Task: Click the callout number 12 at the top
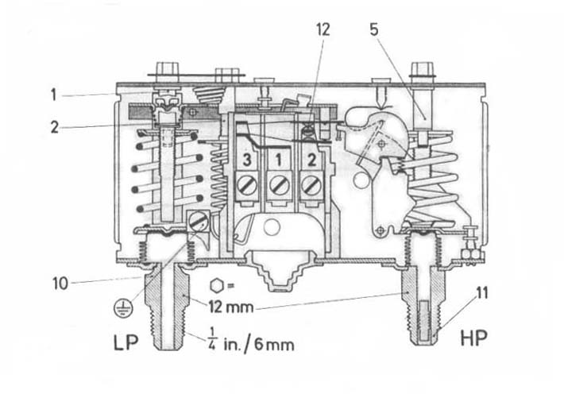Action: point(323,29)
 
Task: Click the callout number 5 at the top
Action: point(374,29)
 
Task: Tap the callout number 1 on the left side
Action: point(53,95)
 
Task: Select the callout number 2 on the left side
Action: point(54,127)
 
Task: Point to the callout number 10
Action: point(60,284)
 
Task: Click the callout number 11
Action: point(481,293)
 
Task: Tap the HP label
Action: point(474,338)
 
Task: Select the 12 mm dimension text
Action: point(231,307)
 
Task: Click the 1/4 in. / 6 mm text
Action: point(251,341)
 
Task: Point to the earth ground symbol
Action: point(123,307)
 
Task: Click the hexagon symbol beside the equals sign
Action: point(216,286)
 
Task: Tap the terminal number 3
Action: point(247,160)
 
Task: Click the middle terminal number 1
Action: point(278,160)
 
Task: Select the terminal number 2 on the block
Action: point(311,160)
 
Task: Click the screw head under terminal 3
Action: point(247,185)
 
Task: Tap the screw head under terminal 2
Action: point(311,185)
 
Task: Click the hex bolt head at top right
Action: point(423,69)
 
